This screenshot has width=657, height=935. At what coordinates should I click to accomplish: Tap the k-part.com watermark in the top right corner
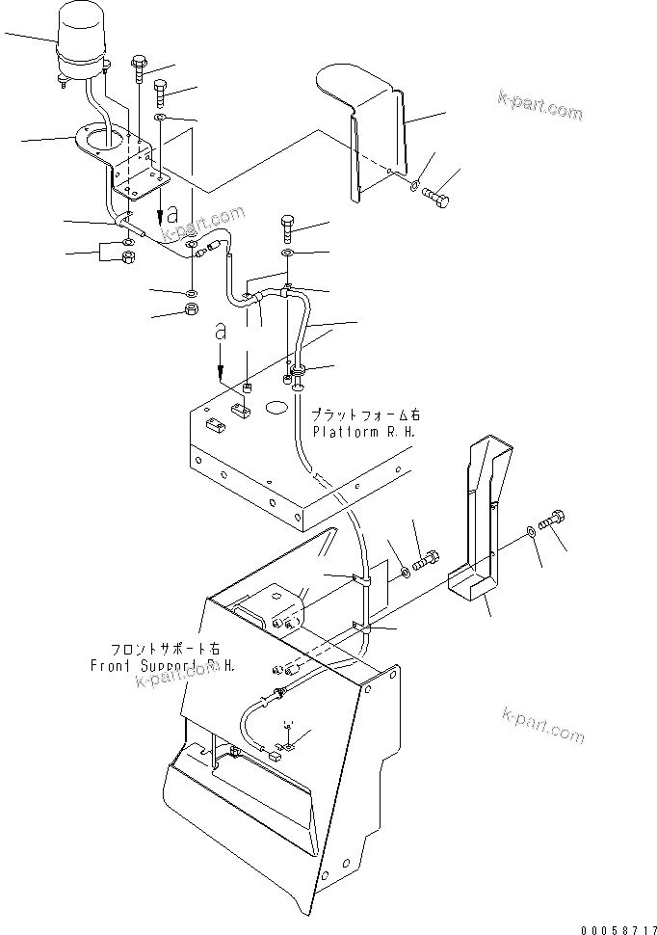click(539, 103)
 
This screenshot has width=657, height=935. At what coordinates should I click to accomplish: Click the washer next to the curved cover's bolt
click(413, 185)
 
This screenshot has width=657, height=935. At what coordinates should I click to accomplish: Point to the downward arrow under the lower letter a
click(221, 366)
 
